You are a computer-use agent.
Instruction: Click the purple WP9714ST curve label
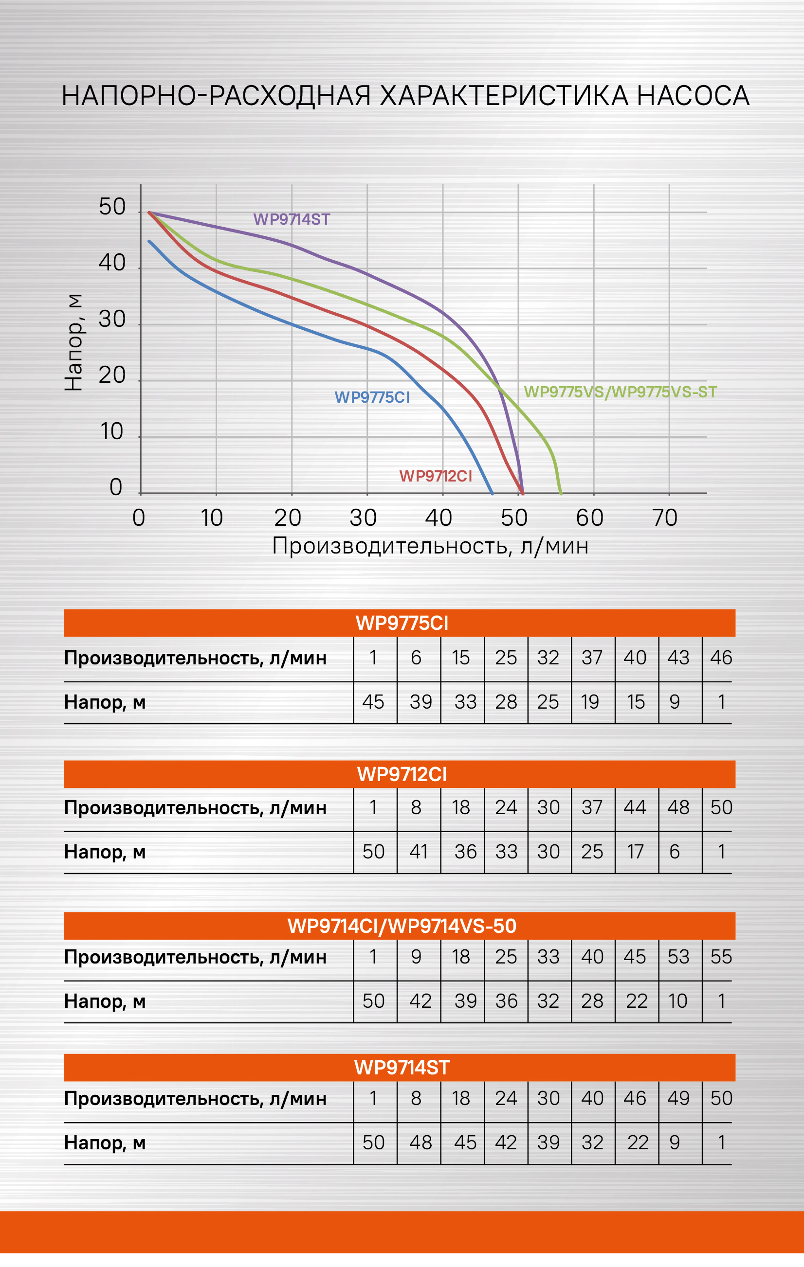[x=292, y=219]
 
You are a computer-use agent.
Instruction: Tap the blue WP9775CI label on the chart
[x=372, y=397]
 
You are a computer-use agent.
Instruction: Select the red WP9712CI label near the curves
[x=436, y=476]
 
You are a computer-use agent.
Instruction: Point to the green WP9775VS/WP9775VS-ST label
[x=620, y=392]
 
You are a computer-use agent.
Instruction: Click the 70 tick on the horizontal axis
[x=664, y=518]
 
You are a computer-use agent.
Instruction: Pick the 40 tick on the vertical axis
[x=112, y=263]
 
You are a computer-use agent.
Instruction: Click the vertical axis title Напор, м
[x=73, y=342]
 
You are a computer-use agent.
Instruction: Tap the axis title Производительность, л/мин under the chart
[x=430, y=546]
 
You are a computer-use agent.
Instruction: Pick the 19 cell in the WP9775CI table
[x=590, y=702]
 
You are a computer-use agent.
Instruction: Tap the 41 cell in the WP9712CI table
[x=419, y=852]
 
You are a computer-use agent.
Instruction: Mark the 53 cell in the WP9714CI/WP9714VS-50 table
[x=678, y=957]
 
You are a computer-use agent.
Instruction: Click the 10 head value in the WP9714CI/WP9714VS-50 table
[x=678, y=1001]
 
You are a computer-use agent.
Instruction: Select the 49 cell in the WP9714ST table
[x=678, y=1098]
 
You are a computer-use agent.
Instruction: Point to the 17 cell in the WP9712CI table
[x=636, y=852]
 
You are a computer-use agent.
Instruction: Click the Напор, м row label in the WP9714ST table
[x=105, y=1143]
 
